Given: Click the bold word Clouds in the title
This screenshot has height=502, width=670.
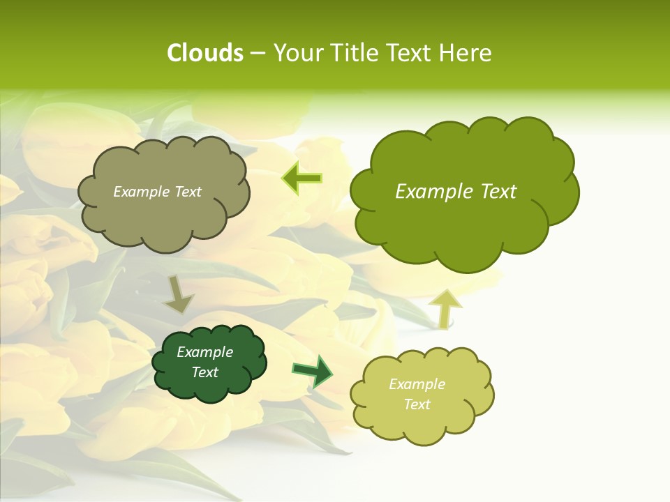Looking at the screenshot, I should click(204, 53).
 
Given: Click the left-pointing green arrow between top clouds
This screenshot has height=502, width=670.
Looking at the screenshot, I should click(301, 178).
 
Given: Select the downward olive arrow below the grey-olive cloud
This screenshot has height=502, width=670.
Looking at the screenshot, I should click(179, 295).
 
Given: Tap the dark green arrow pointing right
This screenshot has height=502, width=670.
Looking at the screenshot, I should click(312, 371).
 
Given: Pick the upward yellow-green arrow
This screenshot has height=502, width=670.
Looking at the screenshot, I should click(445, 307).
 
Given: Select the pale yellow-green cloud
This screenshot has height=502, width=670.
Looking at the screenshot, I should click(421, 395).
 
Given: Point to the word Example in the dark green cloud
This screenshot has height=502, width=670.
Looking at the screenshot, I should click(205, 352).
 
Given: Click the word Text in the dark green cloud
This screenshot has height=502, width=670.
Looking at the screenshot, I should click(205, 372).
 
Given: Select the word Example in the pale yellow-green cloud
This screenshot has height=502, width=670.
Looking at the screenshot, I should click(417, 384).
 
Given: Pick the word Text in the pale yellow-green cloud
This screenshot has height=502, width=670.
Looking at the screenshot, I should click(417, 404).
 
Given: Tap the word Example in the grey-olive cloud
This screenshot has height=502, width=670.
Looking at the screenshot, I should click(141, 192).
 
